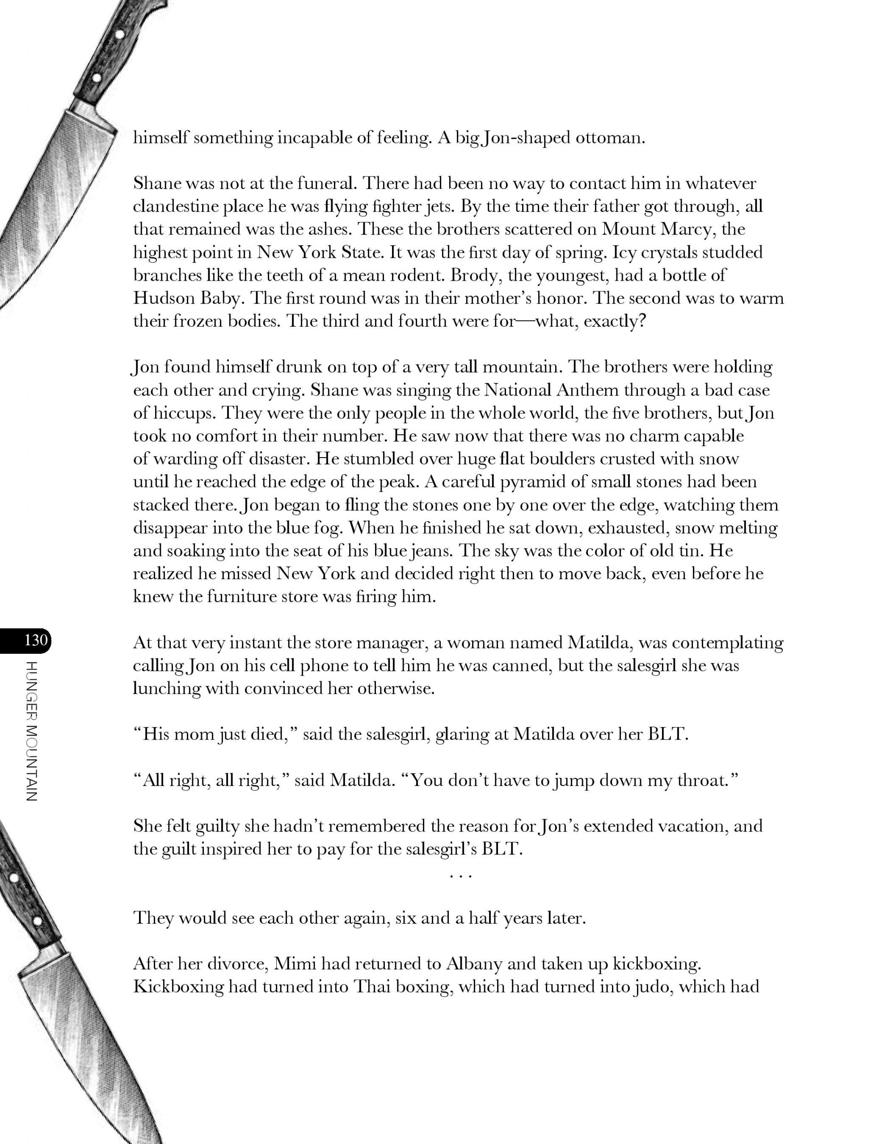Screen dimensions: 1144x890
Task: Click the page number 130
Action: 36,640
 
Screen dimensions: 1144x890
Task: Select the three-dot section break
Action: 461,875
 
